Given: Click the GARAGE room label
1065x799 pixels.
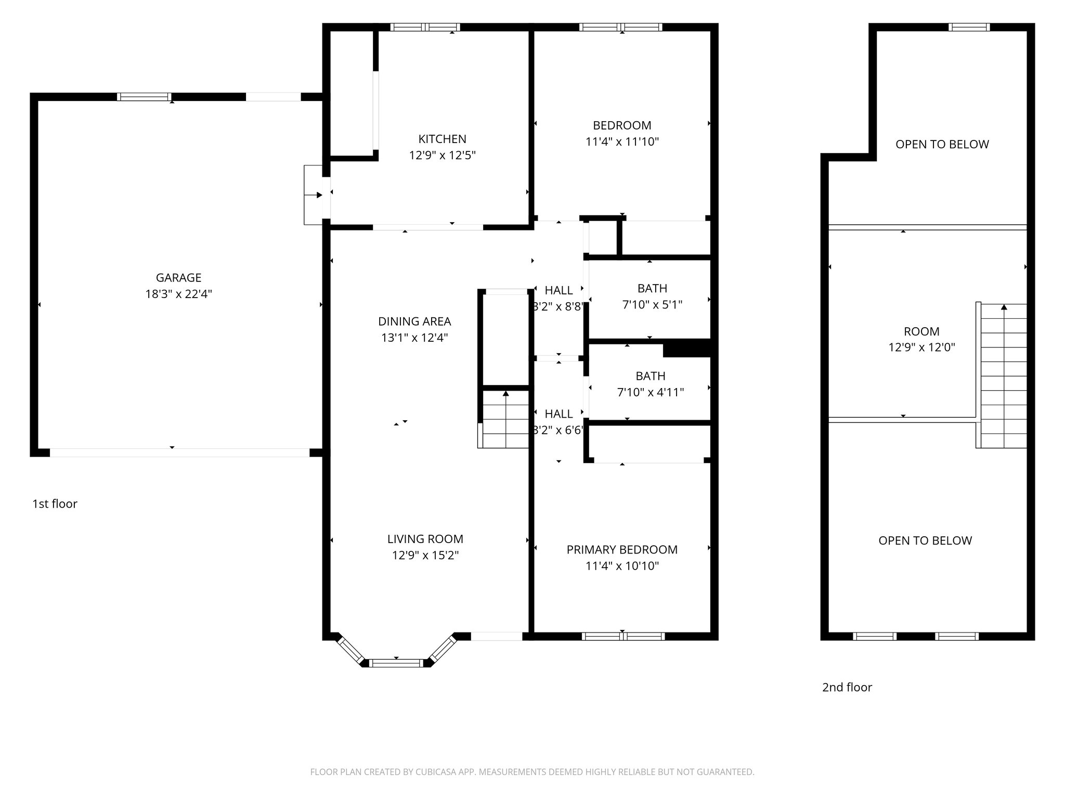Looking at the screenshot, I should pyautogui.click(x=178, y=278).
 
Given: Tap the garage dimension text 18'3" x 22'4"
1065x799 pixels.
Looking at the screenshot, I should pyautogui.click(x=178, y=294).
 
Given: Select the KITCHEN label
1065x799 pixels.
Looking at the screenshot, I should pyautogui.click(x=442, y=139).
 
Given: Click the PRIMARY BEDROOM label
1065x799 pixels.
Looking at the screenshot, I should pyautogui.click(x=622, y=550).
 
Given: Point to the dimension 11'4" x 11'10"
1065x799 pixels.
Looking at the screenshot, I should pyautogui.click(x=622, y=141).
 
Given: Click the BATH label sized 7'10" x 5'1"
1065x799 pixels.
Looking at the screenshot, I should pyautogui.click(x=652, y=288).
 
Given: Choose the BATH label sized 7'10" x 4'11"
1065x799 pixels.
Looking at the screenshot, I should pyautogui.click(x=651, y=376).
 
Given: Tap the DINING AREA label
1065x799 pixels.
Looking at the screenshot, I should pyautogui.click(x=414, y=321).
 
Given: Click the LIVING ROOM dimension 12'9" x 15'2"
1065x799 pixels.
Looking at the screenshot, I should pyautogui.click(x=425, y=556).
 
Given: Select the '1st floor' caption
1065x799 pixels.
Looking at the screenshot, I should pyautogui.click(x=55, y=504).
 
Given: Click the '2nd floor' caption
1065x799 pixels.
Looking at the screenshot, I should pyautogui.click(x=847, y=688).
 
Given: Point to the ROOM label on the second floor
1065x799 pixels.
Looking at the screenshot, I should pyautogui.click(x=921, y=331).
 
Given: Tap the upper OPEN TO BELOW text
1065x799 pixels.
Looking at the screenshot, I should pyautogui.click(x=942, y=145).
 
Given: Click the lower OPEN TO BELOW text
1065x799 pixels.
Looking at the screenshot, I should pyautogui.click(x=925, y=541).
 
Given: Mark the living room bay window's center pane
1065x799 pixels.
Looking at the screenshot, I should pyautogui.click(x=397, y=663).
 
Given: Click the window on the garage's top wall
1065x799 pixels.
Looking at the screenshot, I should pyautogui.click(x=144, y=97).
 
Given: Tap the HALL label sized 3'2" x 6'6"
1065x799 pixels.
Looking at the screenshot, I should pyautogui.click(x=559, y=414).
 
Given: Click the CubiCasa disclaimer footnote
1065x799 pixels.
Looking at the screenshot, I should pyautogui.click(x=532, y=772).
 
